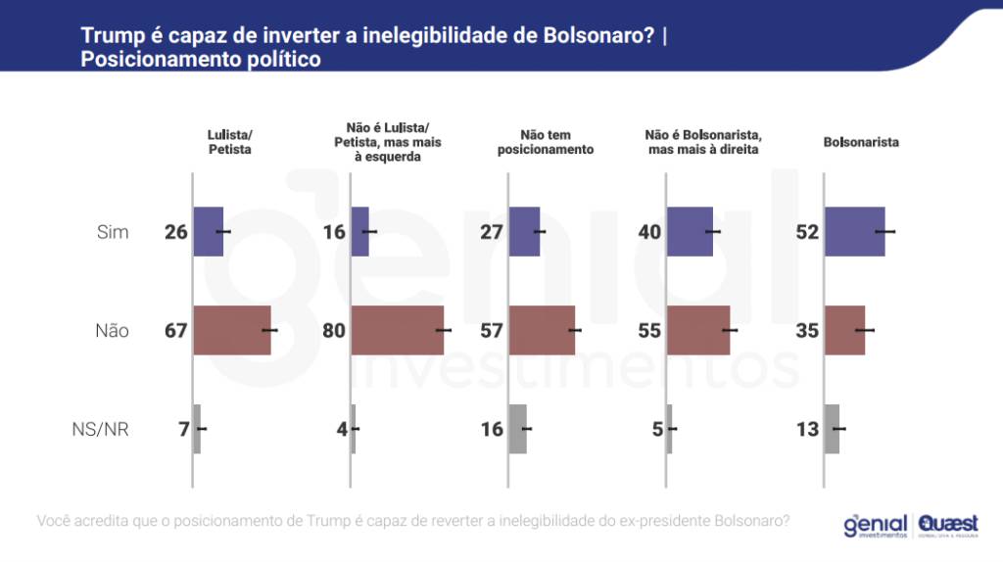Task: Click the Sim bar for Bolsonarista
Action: (854, 232)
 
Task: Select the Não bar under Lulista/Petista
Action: (232, 330)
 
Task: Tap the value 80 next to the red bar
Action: (334, 331)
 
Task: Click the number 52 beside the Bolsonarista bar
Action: (807, 232)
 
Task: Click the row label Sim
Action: (113, 232)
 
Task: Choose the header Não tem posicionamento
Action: (546, 142)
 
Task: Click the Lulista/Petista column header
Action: (230, 142)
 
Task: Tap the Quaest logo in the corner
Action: (946, 526)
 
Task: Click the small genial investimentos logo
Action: (874, 526)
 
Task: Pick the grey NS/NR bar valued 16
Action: (518, 429)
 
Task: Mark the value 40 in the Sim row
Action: (649, 232)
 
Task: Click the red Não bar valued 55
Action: (698, 330)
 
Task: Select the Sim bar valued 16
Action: (359, 232)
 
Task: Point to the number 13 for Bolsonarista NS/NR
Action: (807, 429)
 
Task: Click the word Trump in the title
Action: (109, 36)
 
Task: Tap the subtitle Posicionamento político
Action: (201, 59)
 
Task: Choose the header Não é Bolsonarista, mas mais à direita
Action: (703, 142)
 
